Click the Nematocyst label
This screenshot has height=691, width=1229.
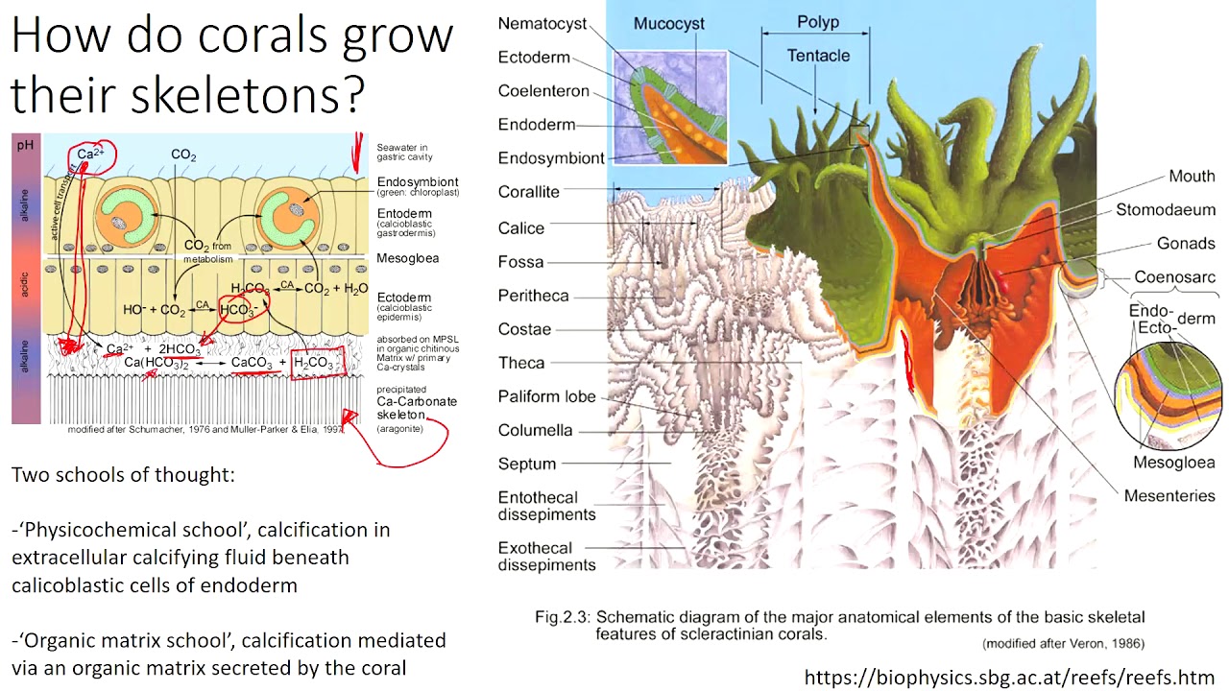(x=542, y=24)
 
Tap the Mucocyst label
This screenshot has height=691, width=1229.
(x=668, y=24)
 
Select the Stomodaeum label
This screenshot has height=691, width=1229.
(x=1165, y=210)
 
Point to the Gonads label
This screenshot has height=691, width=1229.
(x=1186, y=244)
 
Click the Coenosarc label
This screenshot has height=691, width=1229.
(x=1174, y=277)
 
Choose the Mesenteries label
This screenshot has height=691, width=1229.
(x=1169, y=496)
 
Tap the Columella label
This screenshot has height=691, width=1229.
(x=535, y=430)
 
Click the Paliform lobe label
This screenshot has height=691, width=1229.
(x=546, y=396)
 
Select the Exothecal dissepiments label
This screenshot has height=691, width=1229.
(x=546, y=557)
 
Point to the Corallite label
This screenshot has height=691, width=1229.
(x=528, y=192)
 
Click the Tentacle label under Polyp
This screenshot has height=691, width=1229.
(x=818, y=56)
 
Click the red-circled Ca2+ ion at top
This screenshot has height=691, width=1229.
(x=90, y=154)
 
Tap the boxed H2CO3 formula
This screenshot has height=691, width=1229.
(x=316, y=363)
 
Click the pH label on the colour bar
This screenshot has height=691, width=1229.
(x=25, y=144)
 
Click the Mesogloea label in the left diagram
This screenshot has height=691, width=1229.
(x=407, y=258)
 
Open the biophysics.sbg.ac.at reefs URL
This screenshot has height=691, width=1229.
(x=1009, y=678)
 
